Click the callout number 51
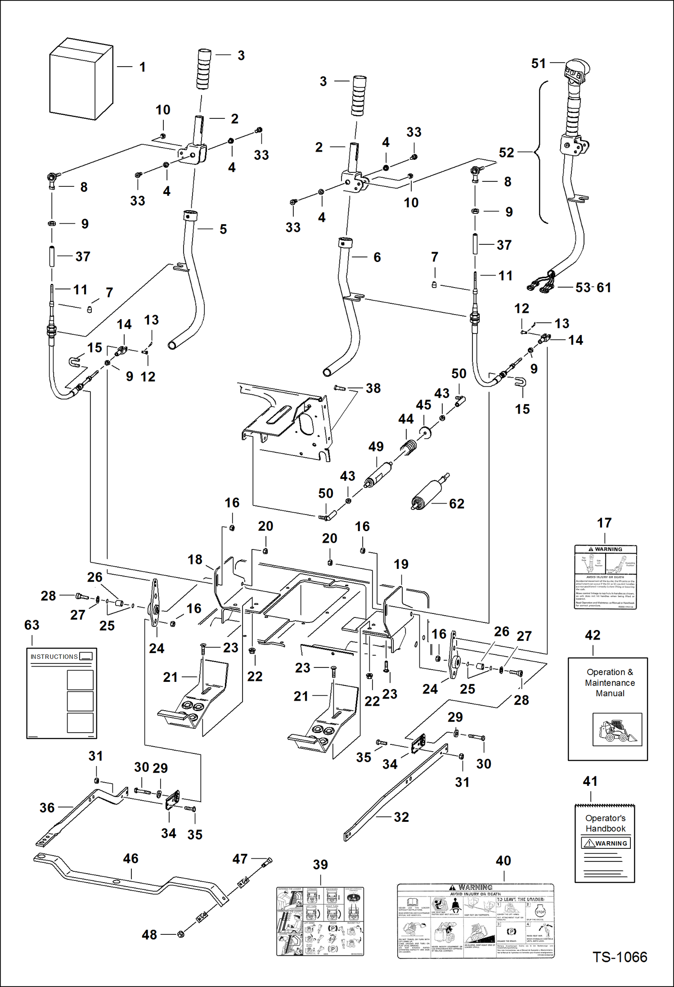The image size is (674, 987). (x=538, y=63)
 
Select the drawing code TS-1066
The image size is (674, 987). (x=620, y=957)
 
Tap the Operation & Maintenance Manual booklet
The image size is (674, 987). (x=607, y=709)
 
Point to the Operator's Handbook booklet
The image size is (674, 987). (x=604, y=843)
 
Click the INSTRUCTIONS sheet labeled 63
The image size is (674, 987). (x=61, y=693)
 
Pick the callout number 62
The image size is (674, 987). (x=456, y=504)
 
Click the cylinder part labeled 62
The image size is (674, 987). (x=427, y=494)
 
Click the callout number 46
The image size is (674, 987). (x=130, y=858)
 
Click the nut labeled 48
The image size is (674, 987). (x=181, y=934)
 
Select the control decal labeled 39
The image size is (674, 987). (x=320, y=921)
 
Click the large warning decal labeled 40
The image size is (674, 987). (x=476, y=920)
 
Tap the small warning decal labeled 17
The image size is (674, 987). (x=605, y=577)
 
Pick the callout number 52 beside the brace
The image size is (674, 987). (x=506, y=153)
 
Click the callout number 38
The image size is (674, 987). (x=373, y=388)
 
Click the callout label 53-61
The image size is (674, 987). (x=593, y=287)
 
